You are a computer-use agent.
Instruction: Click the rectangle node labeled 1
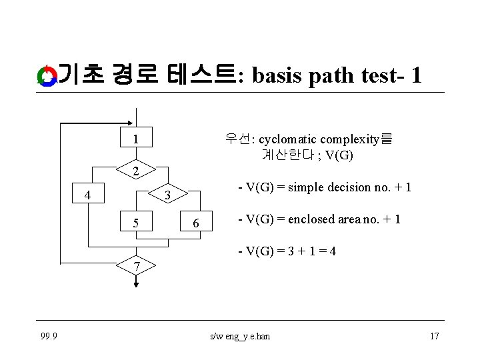click(135, 139)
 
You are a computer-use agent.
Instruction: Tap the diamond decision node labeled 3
click(169, 195)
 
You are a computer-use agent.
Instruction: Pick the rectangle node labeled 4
click(87, 195)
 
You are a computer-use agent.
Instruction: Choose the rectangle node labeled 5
click(135, 222)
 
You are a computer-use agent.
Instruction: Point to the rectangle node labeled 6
click(196, 223)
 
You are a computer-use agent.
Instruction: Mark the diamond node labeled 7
click(136, 266)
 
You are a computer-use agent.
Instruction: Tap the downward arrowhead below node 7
click(136, 284)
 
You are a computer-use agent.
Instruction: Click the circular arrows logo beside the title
click(47, 76)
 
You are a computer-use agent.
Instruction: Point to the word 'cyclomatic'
click(288, 139)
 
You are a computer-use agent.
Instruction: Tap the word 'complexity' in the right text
click(351, 139)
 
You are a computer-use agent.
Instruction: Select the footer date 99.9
click(48, 336)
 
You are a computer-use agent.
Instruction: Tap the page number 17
click(434, 336)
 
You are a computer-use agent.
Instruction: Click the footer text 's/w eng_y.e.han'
click(240, 336)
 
